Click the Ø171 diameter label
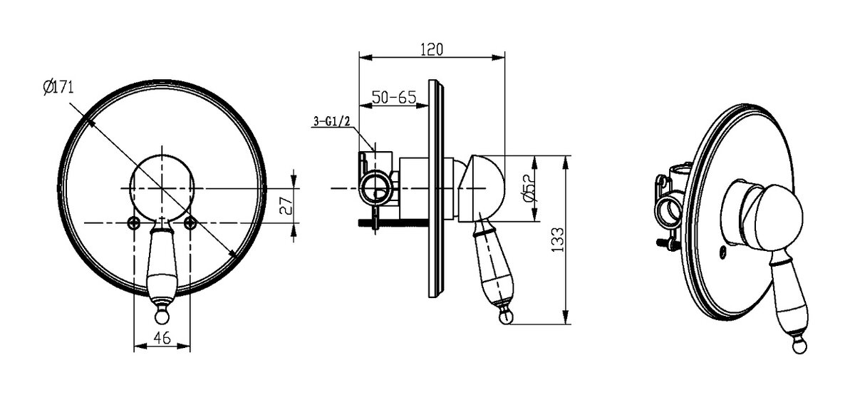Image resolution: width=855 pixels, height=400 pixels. [x=58, y=88]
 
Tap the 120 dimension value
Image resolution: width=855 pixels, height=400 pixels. [x=432, y=50]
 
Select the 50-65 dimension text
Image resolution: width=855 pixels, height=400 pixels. [x=394, y=98]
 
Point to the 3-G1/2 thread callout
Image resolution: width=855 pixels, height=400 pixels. [x=331, y=121]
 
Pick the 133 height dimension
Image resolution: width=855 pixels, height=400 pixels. [x=558, y=240]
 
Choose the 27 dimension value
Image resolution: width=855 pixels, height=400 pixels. [x=286, y=205]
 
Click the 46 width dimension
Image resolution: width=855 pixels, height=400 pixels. [x=162, y=338]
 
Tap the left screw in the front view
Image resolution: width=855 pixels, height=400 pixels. [x=134, y=222]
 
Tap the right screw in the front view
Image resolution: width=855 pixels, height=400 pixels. [x=190, y=222]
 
